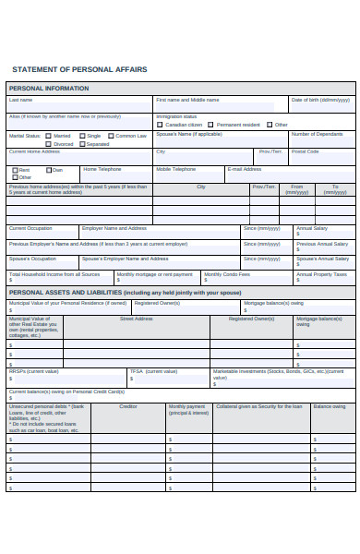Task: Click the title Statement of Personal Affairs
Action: [79, 69]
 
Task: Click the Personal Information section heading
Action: [49, 89]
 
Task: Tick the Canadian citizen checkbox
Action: [160, 125]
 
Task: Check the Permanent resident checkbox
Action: [211, 125]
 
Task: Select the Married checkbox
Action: [48, 136]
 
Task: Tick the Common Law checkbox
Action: [110, 136]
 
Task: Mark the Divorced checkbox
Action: [48, 144]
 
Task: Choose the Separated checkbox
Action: [81, 144]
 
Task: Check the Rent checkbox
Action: [15, 170]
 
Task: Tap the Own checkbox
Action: [48, 170]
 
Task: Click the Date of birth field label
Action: [320, 100]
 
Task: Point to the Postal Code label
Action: [305, 151]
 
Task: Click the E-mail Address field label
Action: [245, 169]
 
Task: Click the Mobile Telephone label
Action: [175, 169]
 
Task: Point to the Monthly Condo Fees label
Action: [226, 274]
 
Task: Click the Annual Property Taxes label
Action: [321, 274]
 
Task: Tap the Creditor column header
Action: [127, 406]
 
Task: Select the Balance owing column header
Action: [329, 406]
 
